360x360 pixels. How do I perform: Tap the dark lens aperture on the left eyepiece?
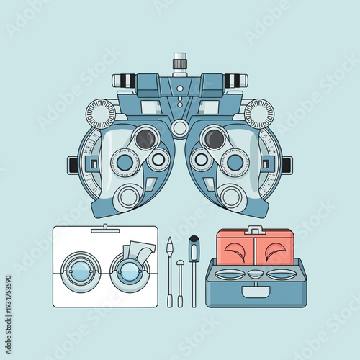tap(146, 138)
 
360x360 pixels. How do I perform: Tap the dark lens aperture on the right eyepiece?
tap(214, 138)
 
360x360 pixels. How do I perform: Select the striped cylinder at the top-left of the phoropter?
tap(125, 81)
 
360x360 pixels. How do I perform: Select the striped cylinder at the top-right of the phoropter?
tap(235, 81)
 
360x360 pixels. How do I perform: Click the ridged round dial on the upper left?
tap(101, 113)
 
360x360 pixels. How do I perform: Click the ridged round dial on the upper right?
tap(259, 113)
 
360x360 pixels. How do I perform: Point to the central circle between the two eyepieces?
tap(180, 129)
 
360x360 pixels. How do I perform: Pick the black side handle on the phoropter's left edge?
tap(73, 165)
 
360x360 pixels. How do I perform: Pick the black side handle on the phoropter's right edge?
tap(287, 165)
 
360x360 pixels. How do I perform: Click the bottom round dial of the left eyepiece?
tap(130, 196)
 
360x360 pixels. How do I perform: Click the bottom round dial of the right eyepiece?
tap(230, 196)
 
